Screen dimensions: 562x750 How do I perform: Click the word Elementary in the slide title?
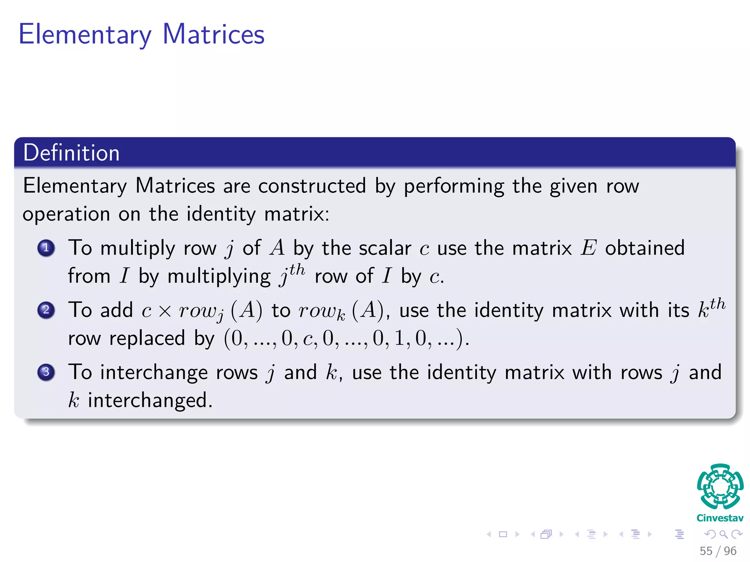click(x=85, y=35)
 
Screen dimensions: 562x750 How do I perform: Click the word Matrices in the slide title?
click(x=214, y=34)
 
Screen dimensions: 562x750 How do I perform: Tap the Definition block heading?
click(x=71, y=153)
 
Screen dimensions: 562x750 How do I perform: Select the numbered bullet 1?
click(x=46, y=248)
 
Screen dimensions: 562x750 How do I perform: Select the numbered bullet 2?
click(x=46, y=310)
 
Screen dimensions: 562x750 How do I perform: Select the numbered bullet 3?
click(x=46, y=372)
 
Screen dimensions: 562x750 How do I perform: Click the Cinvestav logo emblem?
click(x=720, y=486)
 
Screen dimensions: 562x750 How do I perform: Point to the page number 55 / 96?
click(x=718, y=551)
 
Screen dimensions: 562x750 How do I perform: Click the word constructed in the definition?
click(x=312, y=186)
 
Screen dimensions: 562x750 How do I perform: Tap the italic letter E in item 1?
click(x=589, y=248)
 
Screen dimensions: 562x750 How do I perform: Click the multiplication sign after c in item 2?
click(x=165, y=311)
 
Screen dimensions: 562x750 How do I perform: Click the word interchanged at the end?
click(x=150, y=400)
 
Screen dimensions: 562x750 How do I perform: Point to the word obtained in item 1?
click(x=645, y=248)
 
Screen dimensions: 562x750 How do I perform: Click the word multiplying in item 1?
click(x=219, y=277)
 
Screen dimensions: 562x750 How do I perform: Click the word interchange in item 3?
click(x=154, y=372)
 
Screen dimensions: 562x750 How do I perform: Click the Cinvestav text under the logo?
click(x=720, y=518)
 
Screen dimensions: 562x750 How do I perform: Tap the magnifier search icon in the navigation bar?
click(x=723, y=534)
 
